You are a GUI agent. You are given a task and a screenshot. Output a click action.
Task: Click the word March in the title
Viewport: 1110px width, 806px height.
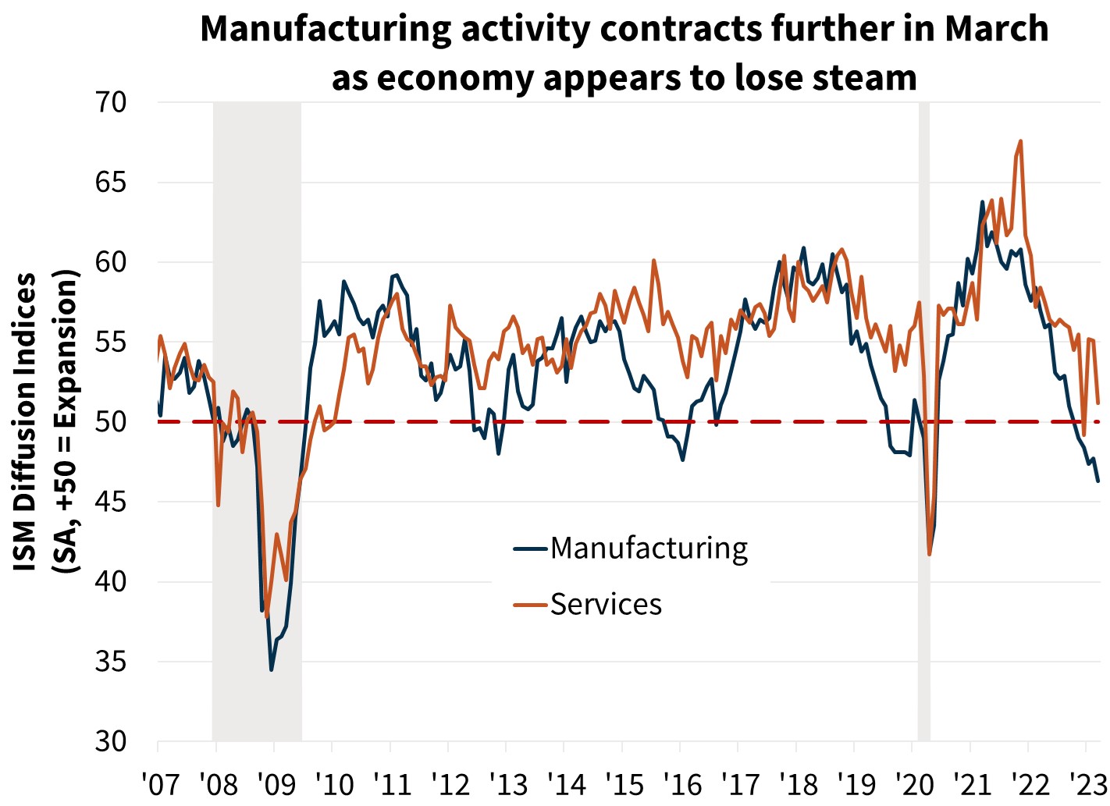tap(997, 30)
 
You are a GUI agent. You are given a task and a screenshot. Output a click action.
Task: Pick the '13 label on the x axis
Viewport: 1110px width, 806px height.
tap(505, 783)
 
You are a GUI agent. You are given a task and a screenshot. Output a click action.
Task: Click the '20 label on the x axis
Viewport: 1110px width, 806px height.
tap(911, 783)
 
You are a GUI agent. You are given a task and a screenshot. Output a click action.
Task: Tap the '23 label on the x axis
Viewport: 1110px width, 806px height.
tap(1084, 783)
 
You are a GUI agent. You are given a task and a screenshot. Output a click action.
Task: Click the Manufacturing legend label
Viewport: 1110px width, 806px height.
tap(649, 549)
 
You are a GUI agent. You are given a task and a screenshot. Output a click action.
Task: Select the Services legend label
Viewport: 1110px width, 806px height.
tap(606, 604)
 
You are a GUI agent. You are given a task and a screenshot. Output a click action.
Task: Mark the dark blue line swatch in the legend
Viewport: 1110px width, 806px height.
tap(531, 549)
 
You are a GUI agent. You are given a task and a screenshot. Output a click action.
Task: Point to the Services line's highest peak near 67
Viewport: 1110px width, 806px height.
tap(1021, 141)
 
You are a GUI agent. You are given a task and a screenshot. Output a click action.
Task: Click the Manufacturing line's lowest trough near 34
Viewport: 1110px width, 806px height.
tap(272, 669)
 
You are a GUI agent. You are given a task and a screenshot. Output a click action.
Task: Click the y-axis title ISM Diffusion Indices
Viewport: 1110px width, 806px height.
tap(27, 421)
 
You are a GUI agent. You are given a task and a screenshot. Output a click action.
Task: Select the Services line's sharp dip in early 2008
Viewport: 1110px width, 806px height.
tap(219, 505)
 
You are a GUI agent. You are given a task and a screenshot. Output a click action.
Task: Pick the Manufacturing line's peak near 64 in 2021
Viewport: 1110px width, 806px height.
tap(982, 202)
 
